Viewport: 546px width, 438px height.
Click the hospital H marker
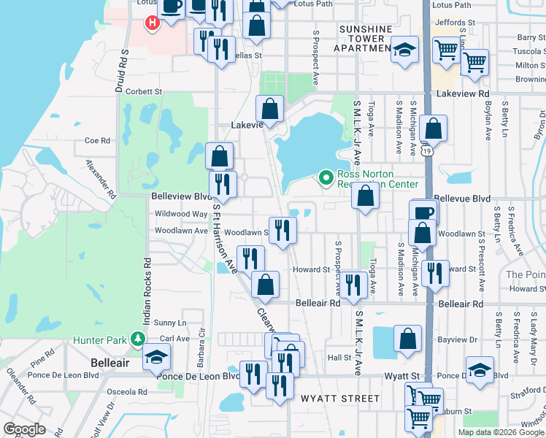(x=152, y=23)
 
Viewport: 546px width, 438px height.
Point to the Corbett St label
(x=143, y=92)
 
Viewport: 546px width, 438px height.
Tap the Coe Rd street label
(x=97, y=141)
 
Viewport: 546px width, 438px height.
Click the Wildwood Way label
(x=180, y=214)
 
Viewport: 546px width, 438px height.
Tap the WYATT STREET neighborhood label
(x=340, y=399)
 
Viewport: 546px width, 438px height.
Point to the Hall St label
(x=339, y=358)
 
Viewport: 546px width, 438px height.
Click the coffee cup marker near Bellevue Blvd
(x=424, y=212)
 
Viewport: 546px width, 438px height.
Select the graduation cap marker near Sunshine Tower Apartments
(x=404, y=50)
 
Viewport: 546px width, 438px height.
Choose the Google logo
(x=25, y=429)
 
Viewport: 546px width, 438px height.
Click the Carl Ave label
(x=174, y=339)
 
